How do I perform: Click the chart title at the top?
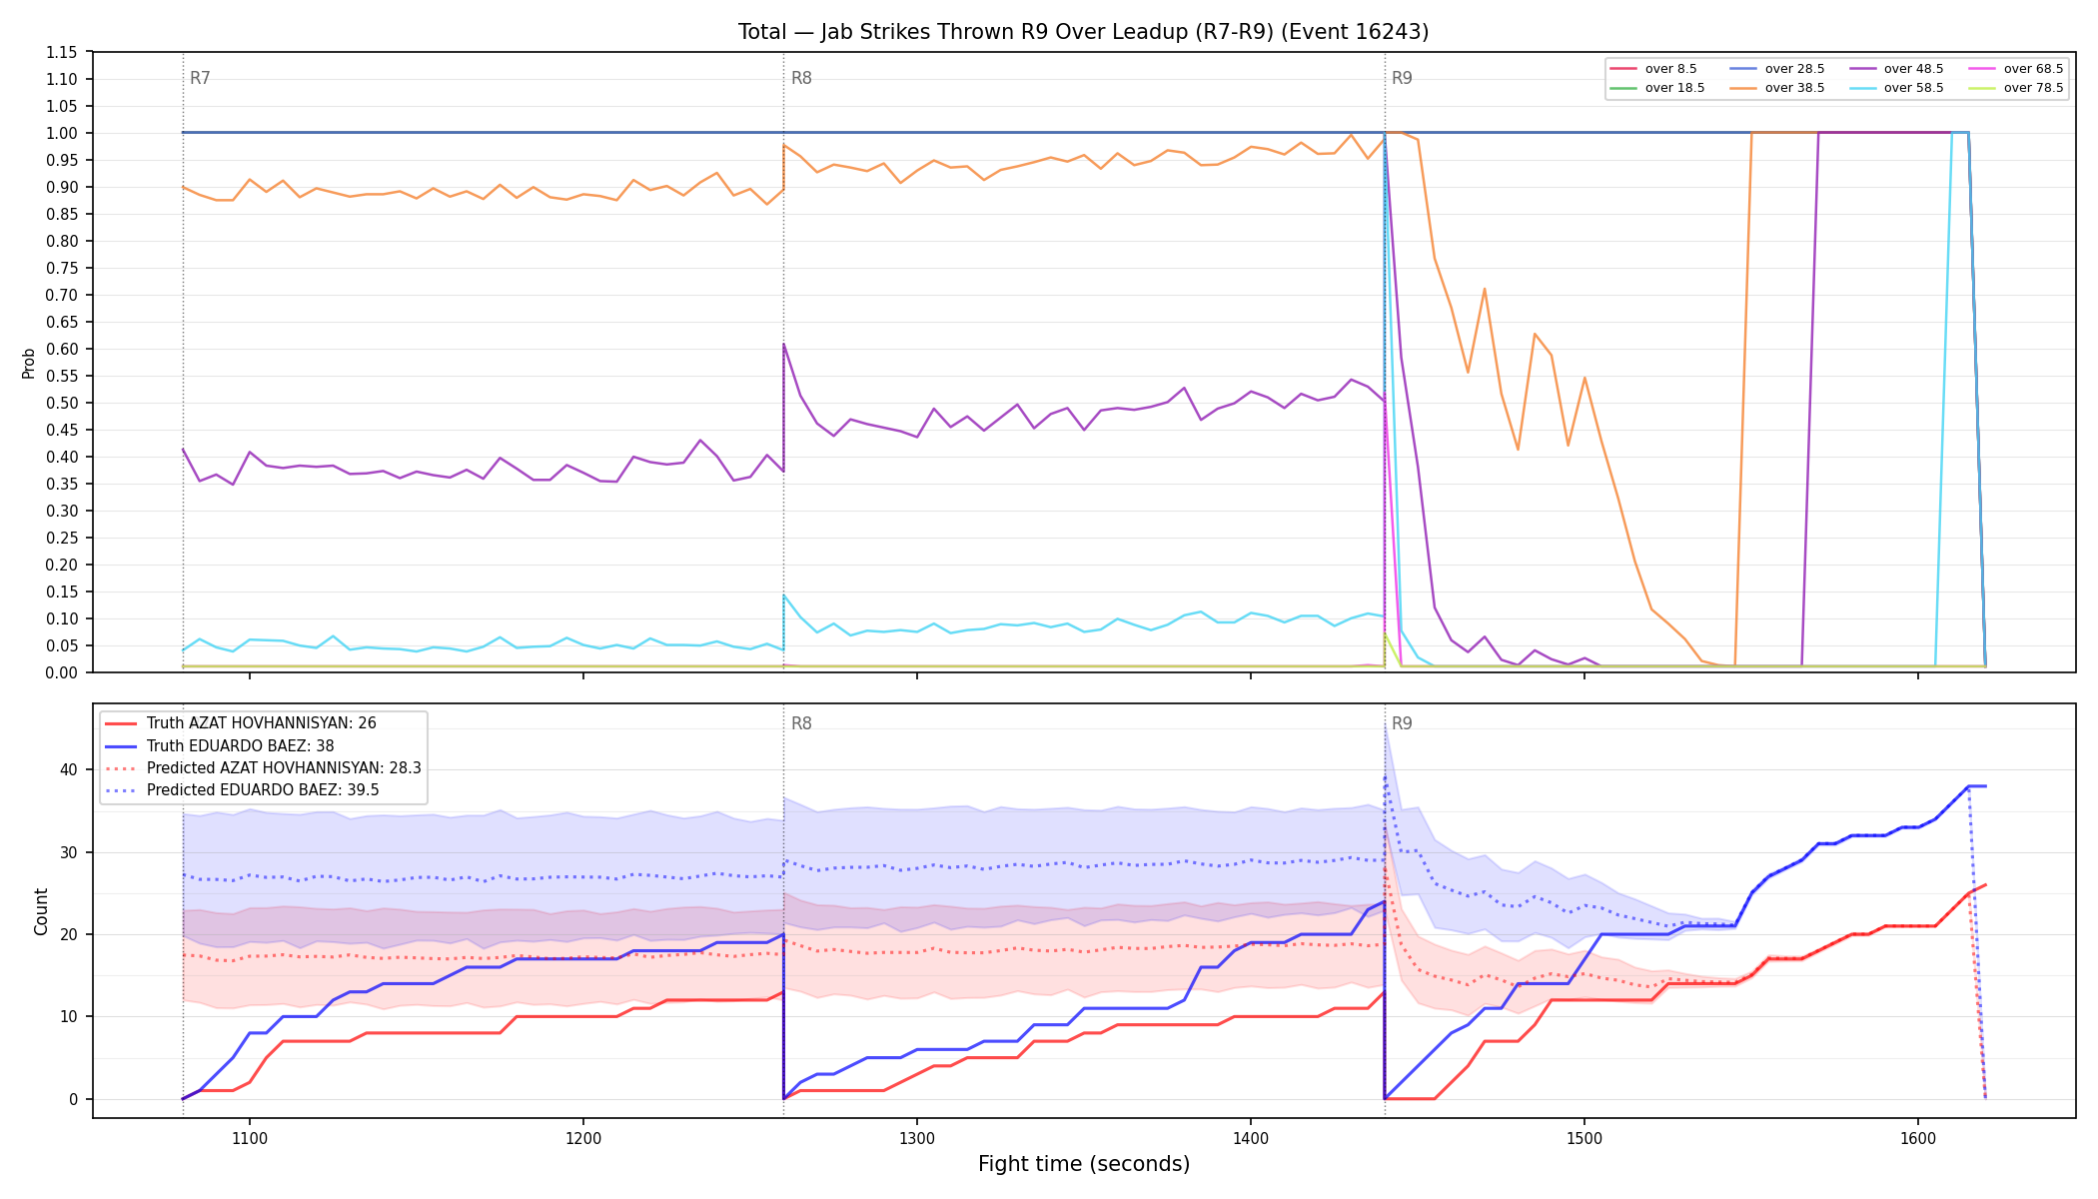pos(1083,32)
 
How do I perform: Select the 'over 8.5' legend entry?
pos(1654,69)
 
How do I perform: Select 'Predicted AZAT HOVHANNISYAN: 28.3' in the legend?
pos(263,768)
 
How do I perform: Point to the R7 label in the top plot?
pos(200,78)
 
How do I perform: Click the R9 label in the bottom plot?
pos(1402,723)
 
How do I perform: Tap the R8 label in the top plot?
pos(801,78)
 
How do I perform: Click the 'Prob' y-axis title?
pos(29,363)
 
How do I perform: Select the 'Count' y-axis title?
pos(41,911)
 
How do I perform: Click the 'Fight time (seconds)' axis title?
pos(1084,1164)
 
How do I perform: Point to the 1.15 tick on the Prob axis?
pos(61,52)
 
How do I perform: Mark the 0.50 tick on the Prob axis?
pos(61,403)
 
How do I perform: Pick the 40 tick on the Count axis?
pos(68,769)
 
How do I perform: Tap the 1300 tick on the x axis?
pos(917,1137)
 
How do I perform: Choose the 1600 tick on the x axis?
pos(1918,1137)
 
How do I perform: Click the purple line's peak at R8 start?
pos(784,345)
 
